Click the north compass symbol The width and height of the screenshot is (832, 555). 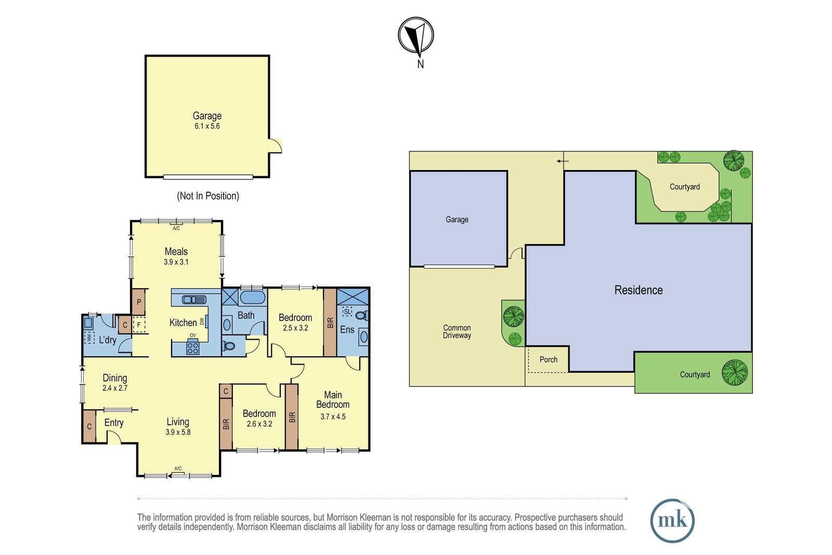415,36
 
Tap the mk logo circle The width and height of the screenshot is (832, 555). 672,521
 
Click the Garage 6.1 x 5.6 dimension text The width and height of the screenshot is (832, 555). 207,126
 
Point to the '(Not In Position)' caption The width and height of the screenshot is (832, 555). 207,196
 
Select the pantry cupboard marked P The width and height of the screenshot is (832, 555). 138,302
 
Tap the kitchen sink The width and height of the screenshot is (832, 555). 194,300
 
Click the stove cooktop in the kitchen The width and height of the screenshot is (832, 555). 192,347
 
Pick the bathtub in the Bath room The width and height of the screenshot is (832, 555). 253,298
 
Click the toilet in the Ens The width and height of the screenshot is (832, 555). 362,316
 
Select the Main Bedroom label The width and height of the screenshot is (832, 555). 333,399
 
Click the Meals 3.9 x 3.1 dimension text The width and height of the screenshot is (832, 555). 176,262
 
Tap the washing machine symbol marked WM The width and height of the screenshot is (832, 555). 89,338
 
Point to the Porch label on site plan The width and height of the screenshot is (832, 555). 548,359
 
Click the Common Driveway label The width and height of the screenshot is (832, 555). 457,331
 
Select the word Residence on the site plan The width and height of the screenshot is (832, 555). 639,290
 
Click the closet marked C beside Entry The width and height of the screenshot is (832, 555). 89,426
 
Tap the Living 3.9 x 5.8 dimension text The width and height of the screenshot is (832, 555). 178,432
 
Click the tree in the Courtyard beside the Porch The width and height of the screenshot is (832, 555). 734,372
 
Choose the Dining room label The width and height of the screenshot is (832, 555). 115,378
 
